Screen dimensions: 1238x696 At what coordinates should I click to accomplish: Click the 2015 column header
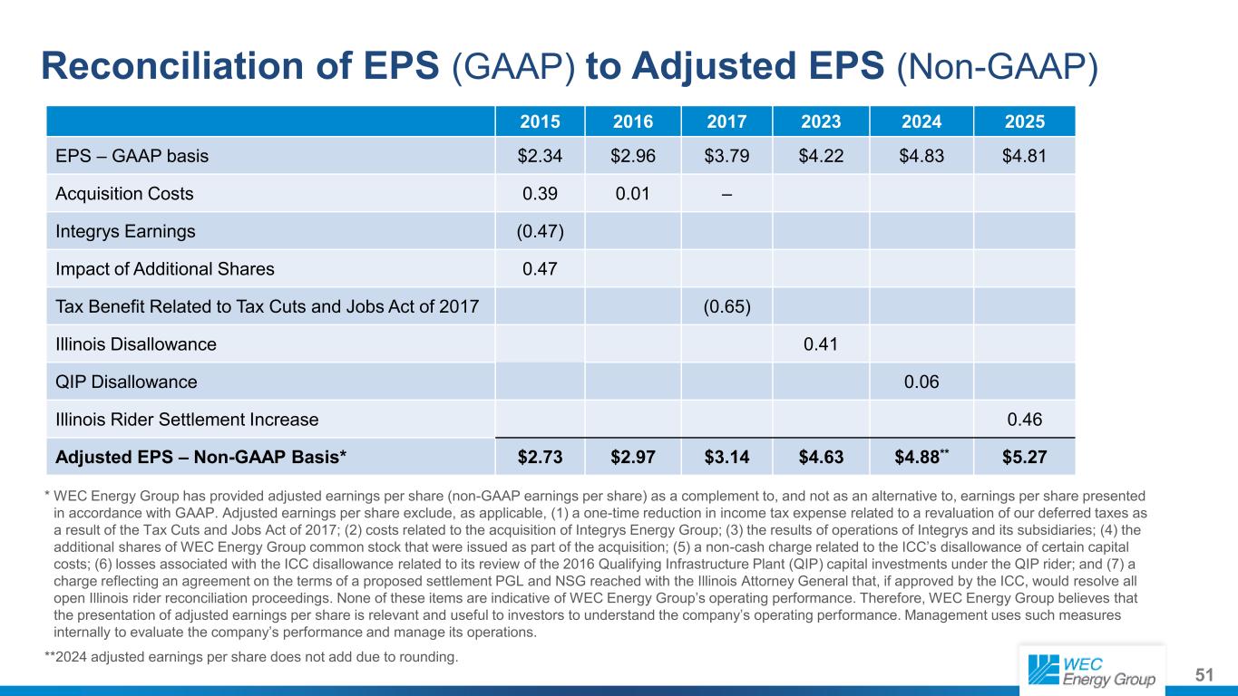[x=540, y=121]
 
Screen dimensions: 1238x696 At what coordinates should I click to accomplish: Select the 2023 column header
[x=821, y=121]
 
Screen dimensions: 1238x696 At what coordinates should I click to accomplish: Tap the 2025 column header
[x=1024, y=121]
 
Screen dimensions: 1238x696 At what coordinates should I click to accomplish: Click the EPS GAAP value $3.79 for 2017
[x=726, y=156]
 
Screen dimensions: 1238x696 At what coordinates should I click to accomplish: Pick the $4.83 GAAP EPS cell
[x=921, y=156]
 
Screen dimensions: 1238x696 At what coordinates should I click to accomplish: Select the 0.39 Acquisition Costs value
[x=540, y=193]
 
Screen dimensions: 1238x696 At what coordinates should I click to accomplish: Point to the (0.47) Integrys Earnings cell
[x=540, y=231]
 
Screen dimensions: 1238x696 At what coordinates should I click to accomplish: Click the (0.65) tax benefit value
[x=726, y=306]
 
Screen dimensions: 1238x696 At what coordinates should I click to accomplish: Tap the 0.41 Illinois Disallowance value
[x=821, y=344]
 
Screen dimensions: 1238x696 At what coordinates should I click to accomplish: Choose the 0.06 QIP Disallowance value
[x=921, y=382]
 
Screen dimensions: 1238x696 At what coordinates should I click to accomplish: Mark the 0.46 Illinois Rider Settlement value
[x=1024, y=420]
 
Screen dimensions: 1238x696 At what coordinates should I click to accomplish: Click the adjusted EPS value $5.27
[x=1024, y=457]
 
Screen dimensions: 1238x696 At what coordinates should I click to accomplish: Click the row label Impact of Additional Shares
[x=165, y=269]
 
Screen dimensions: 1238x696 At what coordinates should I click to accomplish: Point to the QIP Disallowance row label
[x=126, y=382]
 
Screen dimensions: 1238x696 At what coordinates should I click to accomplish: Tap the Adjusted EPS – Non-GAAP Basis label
[x=200, y=457]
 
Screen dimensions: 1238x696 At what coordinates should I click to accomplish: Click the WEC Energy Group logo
[x=1092, y=672]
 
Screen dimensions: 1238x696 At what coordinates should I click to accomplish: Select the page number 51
[x=1204, y=674]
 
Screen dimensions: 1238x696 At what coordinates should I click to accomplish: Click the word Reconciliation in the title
[x=172, y=66]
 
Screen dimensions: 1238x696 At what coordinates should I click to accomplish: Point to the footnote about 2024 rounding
[x=251, y=657]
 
